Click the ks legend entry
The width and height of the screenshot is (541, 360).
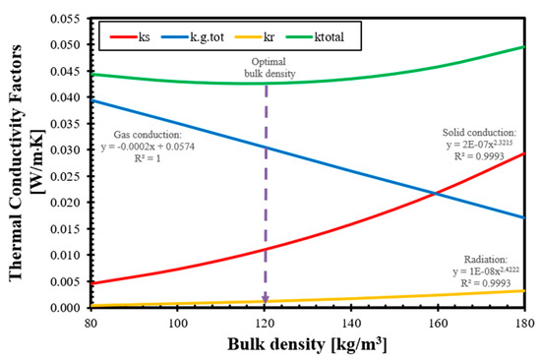tap(130, 36)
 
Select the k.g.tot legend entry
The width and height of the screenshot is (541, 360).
tap(193, 36)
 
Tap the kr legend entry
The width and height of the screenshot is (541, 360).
tap(255, 36)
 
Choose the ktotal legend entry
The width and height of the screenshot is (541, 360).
tap(315, 36)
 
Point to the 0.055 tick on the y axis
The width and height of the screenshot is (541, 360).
tap(66, 19)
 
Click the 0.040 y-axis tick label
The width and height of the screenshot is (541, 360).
tap(66, 97)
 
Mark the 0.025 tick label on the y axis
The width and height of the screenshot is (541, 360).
tap(66, 176)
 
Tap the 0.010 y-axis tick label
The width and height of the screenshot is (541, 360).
tap(66, 255)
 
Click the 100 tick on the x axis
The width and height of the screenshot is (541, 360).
tap(177, 323)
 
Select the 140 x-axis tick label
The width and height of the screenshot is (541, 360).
tap(351, 323)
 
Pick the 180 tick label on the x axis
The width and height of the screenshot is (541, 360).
tap(525, 323)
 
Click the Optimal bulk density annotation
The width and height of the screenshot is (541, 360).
tap(270, 68)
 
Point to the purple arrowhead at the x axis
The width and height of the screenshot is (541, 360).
tap(266, 299)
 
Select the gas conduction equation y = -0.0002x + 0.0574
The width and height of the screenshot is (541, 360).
tap(148, 147)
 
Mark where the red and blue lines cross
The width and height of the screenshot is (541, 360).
tap(436, 194)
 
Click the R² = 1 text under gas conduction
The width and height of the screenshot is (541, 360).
tap(148, 158)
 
